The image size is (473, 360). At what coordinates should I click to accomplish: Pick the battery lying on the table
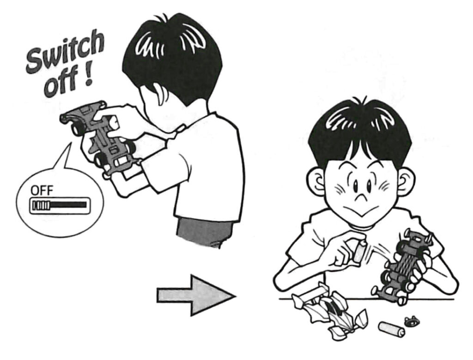[390, 328]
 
